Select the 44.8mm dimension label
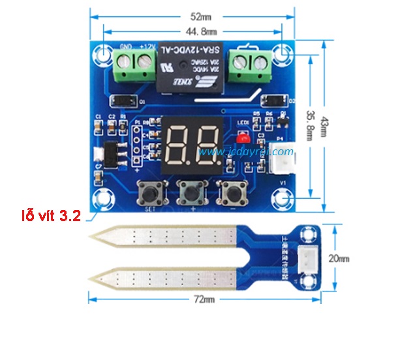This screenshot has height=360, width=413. (x=202, y=31)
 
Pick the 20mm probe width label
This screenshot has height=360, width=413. (x=339, y=258)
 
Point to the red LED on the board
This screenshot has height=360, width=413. (x=243, y=138)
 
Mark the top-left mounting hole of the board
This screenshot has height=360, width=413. (x=103, y=53)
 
